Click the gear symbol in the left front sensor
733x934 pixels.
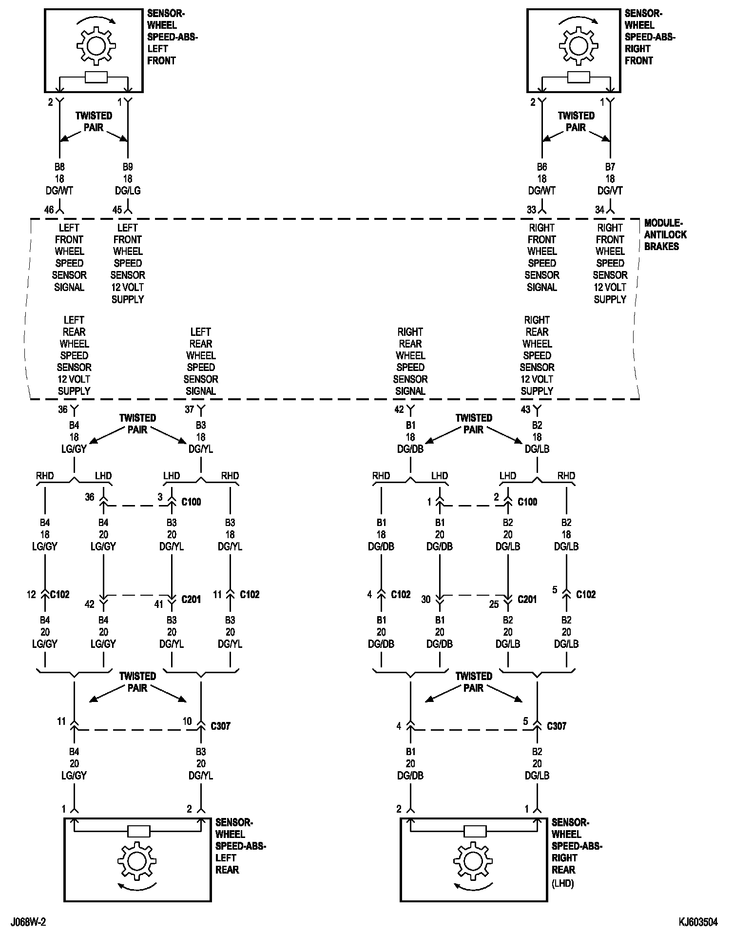tap(96, 46)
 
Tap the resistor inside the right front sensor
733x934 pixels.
tap(578, 77)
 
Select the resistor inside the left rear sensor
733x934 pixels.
tap(138, 831)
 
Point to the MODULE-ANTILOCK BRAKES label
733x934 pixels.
tap(665, 234)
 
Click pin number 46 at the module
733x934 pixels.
tap(49, 210)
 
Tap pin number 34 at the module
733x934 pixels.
tap(599, 210)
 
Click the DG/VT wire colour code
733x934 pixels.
tap(610, 191)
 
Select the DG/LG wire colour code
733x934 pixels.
tap(128, 191)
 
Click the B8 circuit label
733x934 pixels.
tap(59, 167)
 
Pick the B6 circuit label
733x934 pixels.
tap(542, 167)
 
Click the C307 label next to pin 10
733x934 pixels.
tap(220, 726)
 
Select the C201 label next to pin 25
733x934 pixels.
tap(527, 599)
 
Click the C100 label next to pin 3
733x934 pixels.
tap(191, 502)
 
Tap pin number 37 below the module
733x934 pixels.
tap(190, 409)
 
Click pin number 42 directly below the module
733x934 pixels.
tap(399, 409)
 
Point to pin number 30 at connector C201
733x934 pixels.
tap(426, 599)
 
